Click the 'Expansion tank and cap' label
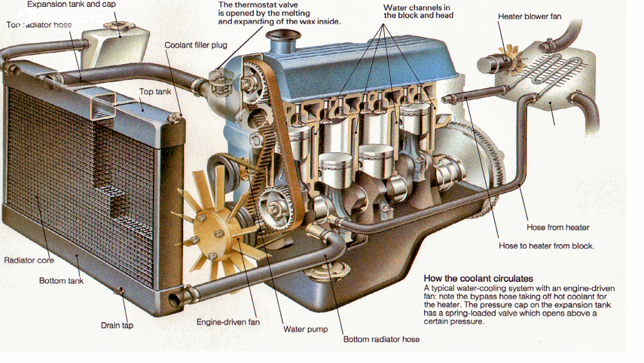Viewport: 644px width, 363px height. [x=72, y=5]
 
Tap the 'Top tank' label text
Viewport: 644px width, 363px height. [x=155, y=92]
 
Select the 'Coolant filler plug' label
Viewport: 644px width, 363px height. [x=196, y=45]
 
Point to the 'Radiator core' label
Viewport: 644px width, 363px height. [x=29, y=261]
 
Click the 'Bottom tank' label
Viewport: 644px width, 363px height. [x=61, y=281]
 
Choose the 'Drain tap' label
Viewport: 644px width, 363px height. [x=117, y=326]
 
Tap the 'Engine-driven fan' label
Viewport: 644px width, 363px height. [x=228, y=322]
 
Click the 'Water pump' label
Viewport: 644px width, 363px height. [x=305, y=329]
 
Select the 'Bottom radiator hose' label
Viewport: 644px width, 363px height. [x=381, y=340]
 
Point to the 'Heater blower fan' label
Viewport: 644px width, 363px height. [x=530, y=17]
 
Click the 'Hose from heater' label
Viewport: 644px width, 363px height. [x=557, y=227]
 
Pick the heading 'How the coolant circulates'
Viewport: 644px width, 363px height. [x=478, y=279]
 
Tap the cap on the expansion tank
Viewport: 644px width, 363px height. [x=117, y=29]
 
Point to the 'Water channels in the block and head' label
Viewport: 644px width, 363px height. [x=418, y=11]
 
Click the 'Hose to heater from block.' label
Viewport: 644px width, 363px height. [x=546, y=246]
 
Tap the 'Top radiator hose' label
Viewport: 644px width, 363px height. [x=39, y=25]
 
